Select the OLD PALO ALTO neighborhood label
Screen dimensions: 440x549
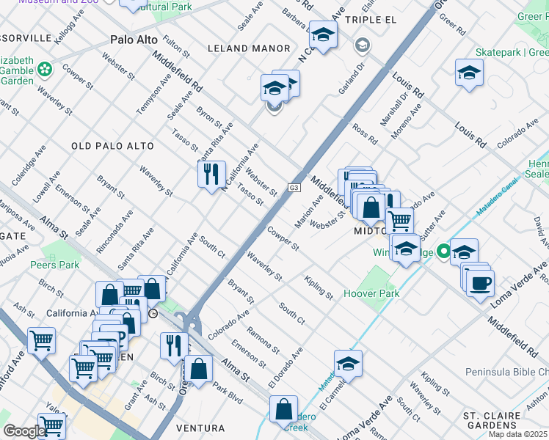[x=112, y=146]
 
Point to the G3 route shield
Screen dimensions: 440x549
[x=294, y=188]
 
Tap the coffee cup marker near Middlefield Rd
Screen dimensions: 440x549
[x=480, y=282]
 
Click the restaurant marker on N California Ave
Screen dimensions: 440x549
[x=211, y=174]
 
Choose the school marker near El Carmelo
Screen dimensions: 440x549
[x=348, y=362]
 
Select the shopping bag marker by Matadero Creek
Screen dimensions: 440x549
[x=283, y=409]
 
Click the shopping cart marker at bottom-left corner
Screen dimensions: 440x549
[x=51, y=425]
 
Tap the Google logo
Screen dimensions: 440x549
[x=23, y=431]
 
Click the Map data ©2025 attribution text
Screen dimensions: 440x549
[x=518, y=434]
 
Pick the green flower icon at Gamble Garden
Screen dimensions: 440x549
[x=46, y=69]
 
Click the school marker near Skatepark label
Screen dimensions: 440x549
[x=469, y=73]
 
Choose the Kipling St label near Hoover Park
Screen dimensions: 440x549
[x=319, y=286]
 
